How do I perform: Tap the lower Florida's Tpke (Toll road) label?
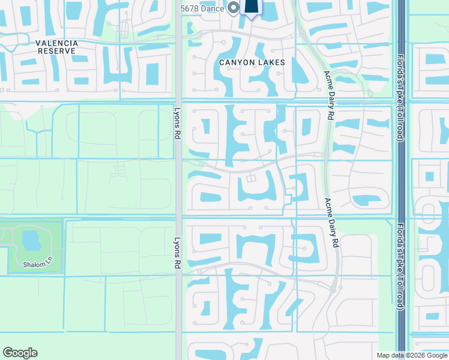pos(400,268)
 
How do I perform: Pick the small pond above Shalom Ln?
pos(30,240)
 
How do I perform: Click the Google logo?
pos(20,353)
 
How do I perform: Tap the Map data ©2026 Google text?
pos(412,355)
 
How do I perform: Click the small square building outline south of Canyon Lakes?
pos(251,178)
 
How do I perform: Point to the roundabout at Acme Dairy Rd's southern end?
pos(333,290)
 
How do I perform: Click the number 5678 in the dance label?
pos(190,8)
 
